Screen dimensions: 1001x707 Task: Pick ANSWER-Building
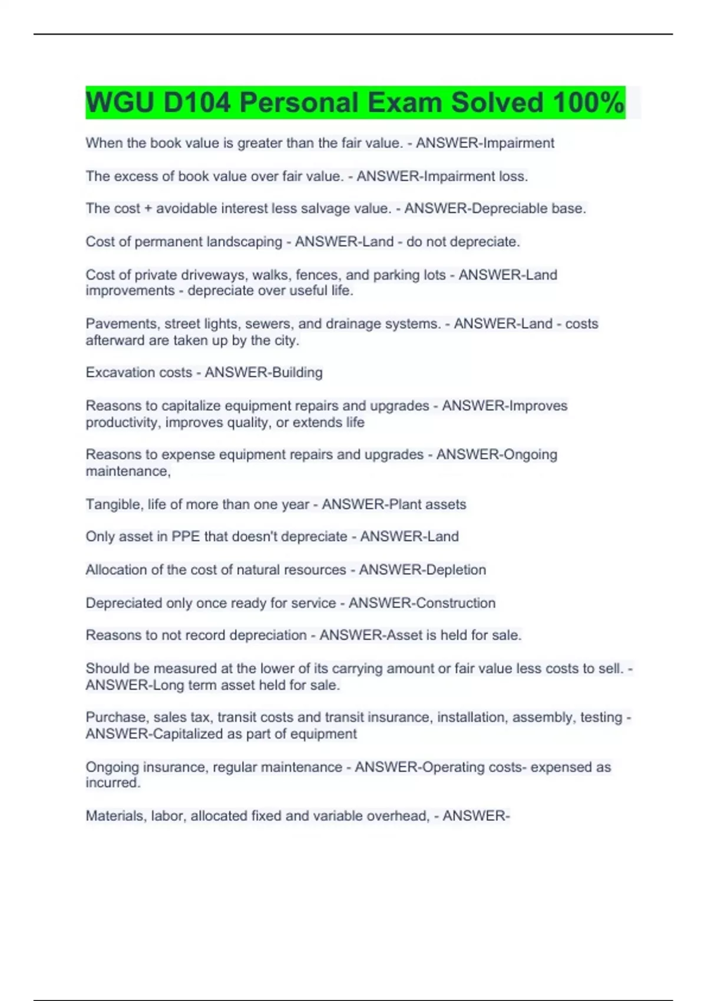pyautogui.click(x=263, y=373)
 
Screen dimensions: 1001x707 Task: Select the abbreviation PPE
pyautogui.click(x=186, y=536)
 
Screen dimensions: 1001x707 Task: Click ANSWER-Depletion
pyautogui.click(x=422, y=570)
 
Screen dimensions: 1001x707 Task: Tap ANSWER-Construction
pyautogui.click(x=422, y=603)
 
